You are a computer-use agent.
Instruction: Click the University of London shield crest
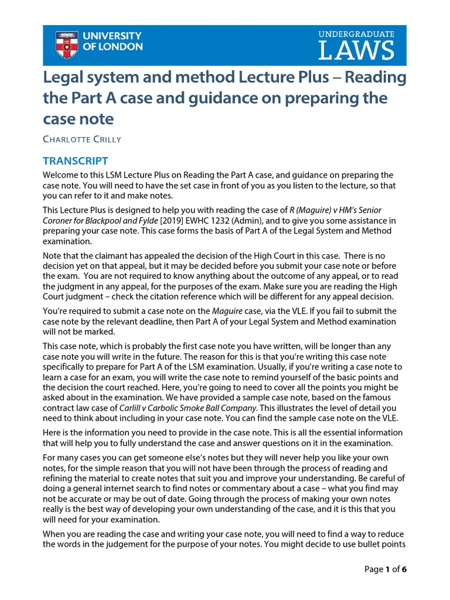click(x=67, y=45)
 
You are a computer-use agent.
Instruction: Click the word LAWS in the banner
click(x=356, y=51)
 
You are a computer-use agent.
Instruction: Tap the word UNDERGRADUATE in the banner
click(x=356, y=35)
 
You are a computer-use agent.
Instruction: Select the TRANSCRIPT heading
click(x=76, y=161)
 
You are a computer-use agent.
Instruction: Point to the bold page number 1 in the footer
click(x=387, y=568)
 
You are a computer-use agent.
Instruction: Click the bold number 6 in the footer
click(x=404, y=568)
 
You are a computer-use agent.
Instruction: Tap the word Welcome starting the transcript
click(x=61, y=175)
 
